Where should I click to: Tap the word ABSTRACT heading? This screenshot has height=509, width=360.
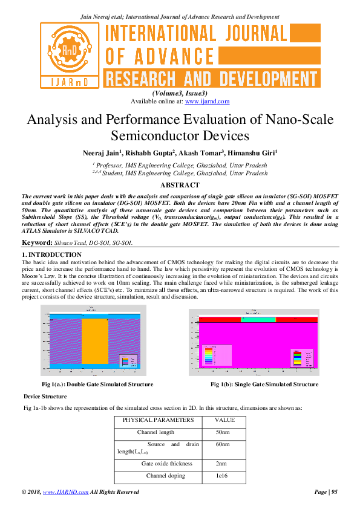click(x=180, y=185)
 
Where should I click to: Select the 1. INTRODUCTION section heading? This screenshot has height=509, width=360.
click(x=51, y=254)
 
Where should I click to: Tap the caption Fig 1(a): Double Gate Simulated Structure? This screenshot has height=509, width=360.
click(x=97, y=384)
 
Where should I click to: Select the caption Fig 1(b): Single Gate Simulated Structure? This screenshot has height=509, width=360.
click(x=264, y=384)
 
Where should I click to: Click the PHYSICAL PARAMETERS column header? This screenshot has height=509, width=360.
click(x=158, y=420)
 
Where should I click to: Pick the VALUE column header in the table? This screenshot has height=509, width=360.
click(x=225, y=420)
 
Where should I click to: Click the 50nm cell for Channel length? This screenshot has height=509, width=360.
click(x=223, y=432)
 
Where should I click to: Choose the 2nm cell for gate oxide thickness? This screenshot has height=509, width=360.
click(x=221, y=464)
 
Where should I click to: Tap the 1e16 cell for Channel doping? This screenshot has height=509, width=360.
click(x=222, y=477)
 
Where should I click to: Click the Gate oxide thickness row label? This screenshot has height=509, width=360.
click(x=159, y=464)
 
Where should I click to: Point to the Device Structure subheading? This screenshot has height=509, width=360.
click(x=45, y=397)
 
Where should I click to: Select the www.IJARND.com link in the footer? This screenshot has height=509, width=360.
click(x=61, y=493)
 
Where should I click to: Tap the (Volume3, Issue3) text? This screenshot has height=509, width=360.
click(x=180, y=93)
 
